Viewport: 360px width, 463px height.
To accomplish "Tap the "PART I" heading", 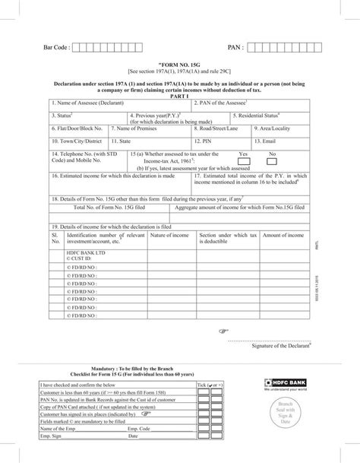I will pyautogui.click(x=179, y=96).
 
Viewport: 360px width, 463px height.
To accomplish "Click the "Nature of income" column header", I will pyautogui.click(x=170, y=236).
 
